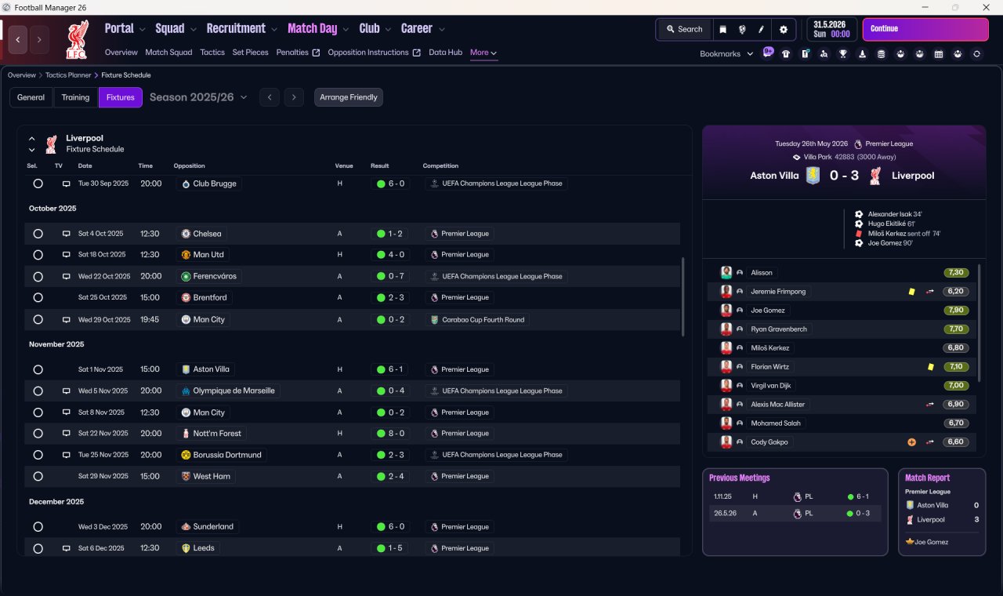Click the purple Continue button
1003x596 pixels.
point(925,29)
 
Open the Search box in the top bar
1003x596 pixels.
point(684,29)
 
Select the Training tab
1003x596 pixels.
point(75,97)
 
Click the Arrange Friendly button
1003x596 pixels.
point(349,97)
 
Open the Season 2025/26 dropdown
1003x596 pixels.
point(198,97)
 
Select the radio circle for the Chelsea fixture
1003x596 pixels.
point(38,234)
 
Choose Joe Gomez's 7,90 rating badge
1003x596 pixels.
point(956,310)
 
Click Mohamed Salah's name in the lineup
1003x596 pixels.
point(776,423)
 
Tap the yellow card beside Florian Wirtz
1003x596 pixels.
point(930,366)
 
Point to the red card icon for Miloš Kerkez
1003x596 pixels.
point(859,234)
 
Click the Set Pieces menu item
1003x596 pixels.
point(250,53)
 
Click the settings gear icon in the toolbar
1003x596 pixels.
point(783,29)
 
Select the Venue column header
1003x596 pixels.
point(344,165)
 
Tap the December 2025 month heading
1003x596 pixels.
point(56,501)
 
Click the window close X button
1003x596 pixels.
point(986,7)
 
